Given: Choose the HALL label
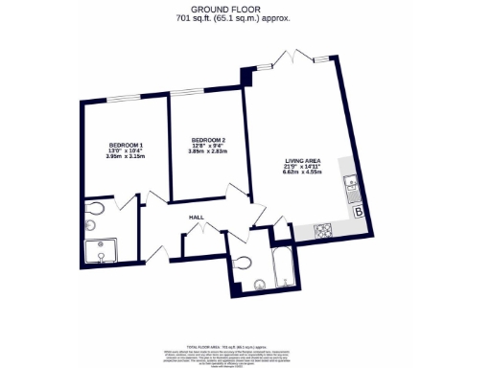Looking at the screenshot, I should coord(196,218).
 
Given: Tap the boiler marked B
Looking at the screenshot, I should coord(358,212).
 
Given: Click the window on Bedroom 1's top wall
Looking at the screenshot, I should coord(125,99).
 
